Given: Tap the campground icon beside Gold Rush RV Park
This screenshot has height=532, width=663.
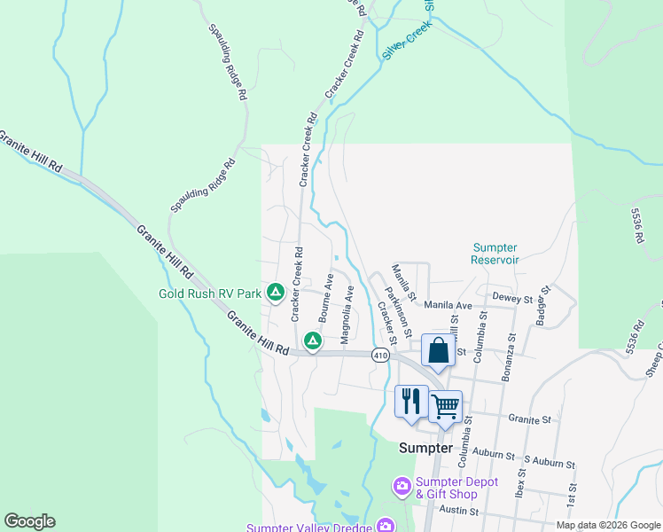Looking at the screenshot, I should pyautogui.click(x=276, y=292).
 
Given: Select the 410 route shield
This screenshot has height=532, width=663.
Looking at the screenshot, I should pyautogui.click(x=380, y=355).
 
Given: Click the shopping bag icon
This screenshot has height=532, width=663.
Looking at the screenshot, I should pyautogui.click(x=438, y=350).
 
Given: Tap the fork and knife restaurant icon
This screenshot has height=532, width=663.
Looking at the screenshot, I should pyautogui.click(x=410, y=401).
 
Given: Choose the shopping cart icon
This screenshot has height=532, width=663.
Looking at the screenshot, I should pyautogui.click(x=445, y=407).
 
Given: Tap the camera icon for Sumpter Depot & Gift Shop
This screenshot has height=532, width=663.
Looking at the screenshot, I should pyautogui.click(x=401, y=486).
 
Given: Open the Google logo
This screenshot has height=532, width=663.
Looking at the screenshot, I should pyautogui.click(x=29, y=521).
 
